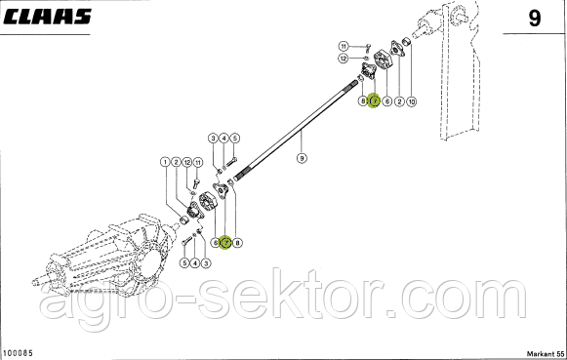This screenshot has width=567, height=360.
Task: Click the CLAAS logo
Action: (x=47, y=17)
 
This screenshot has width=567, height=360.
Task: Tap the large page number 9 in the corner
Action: (x=535, y=19)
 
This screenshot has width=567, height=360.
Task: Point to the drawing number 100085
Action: (x=18, y=352)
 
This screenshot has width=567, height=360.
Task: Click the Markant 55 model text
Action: (x=546, y=353)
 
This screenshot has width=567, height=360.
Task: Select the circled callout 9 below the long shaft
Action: (x=302, y=158)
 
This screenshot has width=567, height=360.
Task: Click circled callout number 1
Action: (x=165, y=162)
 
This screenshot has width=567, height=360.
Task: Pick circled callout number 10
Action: (x=412, y=101)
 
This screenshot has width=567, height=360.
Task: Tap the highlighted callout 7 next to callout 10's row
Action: (x=375, y=100)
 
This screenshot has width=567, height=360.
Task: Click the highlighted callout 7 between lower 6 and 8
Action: (x=225, y=243)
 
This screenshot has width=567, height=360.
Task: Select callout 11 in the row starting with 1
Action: (x=198, y=162)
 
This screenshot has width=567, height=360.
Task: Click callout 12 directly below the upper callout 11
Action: (x=344, y=58)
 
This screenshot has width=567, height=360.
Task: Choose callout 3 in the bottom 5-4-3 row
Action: (x=206, y=263)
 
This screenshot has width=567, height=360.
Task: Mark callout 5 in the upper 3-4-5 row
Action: (x=234, y=138)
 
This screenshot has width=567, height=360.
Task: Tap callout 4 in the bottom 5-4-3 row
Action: (x=195, y=263)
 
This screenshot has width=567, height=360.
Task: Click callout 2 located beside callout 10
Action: (x=399, y=101)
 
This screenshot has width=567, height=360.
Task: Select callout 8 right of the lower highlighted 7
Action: (x=237, y=243)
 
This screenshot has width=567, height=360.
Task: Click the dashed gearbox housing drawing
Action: (x=103, y=252)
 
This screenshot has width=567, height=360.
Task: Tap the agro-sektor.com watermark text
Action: (x=283, y=300)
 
